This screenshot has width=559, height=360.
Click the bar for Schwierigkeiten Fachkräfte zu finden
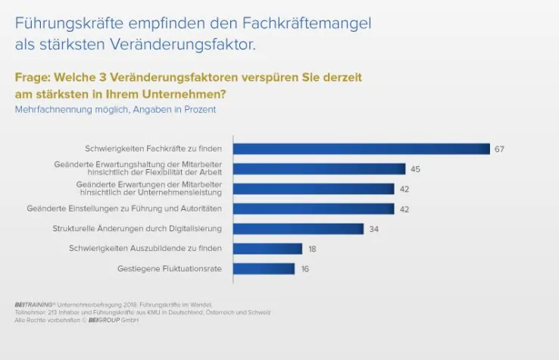[361, 149]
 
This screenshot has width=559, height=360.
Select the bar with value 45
[319, 169]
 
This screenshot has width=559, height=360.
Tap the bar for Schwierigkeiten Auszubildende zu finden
[267, 249]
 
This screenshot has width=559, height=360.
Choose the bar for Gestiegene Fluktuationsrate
[264, 268]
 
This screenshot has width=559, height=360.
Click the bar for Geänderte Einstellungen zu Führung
[314, 208]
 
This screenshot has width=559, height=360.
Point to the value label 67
[499, 149]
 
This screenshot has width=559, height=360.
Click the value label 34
[373, 229]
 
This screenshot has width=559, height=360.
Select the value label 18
[311, 249]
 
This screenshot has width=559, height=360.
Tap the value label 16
[304, 268]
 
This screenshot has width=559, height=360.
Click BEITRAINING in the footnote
[29, 304]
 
